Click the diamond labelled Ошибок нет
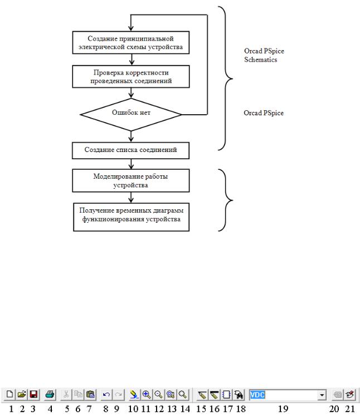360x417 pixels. (x=131, y=115)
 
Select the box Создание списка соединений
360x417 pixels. (x=131, y=150)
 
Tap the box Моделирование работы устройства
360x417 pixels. (x=131, y=180)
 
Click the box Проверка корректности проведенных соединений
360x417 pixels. (x=131, y=77)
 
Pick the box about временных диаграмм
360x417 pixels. (x=132, y=217)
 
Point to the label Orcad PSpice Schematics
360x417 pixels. (x=264, y=55)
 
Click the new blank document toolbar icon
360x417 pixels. (x=9, y=394)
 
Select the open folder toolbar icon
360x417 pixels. (x=22, y=394)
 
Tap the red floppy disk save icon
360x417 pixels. (x=33, y=394)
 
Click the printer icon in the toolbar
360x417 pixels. (x=50, y=394)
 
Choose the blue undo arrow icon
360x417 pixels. (x=106, y=394)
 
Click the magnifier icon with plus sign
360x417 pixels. (x=147, y=394)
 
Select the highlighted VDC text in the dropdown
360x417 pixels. (x=257, y=395)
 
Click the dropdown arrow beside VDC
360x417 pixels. (x=322, y=395)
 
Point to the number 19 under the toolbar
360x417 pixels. (x=283, y=409)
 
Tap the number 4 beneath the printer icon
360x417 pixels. (x=50, y=409)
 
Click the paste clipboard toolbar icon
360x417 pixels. (x=90, y=394)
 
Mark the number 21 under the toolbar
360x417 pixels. (x=350, y=409)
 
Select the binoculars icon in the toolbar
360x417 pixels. (x=239, y=394)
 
